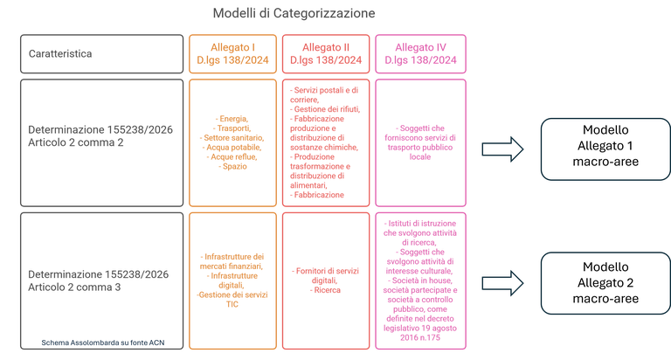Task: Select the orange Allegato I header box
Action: click(x=232, y=53)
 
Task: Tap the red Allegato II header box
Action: click(x=326, y=53)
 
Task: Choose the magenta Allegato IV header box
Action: click(x=419, y=53)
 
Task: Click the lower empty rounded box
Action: click(x=605, y=282)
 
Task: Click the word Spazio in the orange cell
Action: click(x=232, y=166)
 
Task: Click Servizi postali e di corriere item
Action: click(x=326, y=93)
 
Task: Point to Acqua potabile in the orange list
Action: click(x=232, y=146)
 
